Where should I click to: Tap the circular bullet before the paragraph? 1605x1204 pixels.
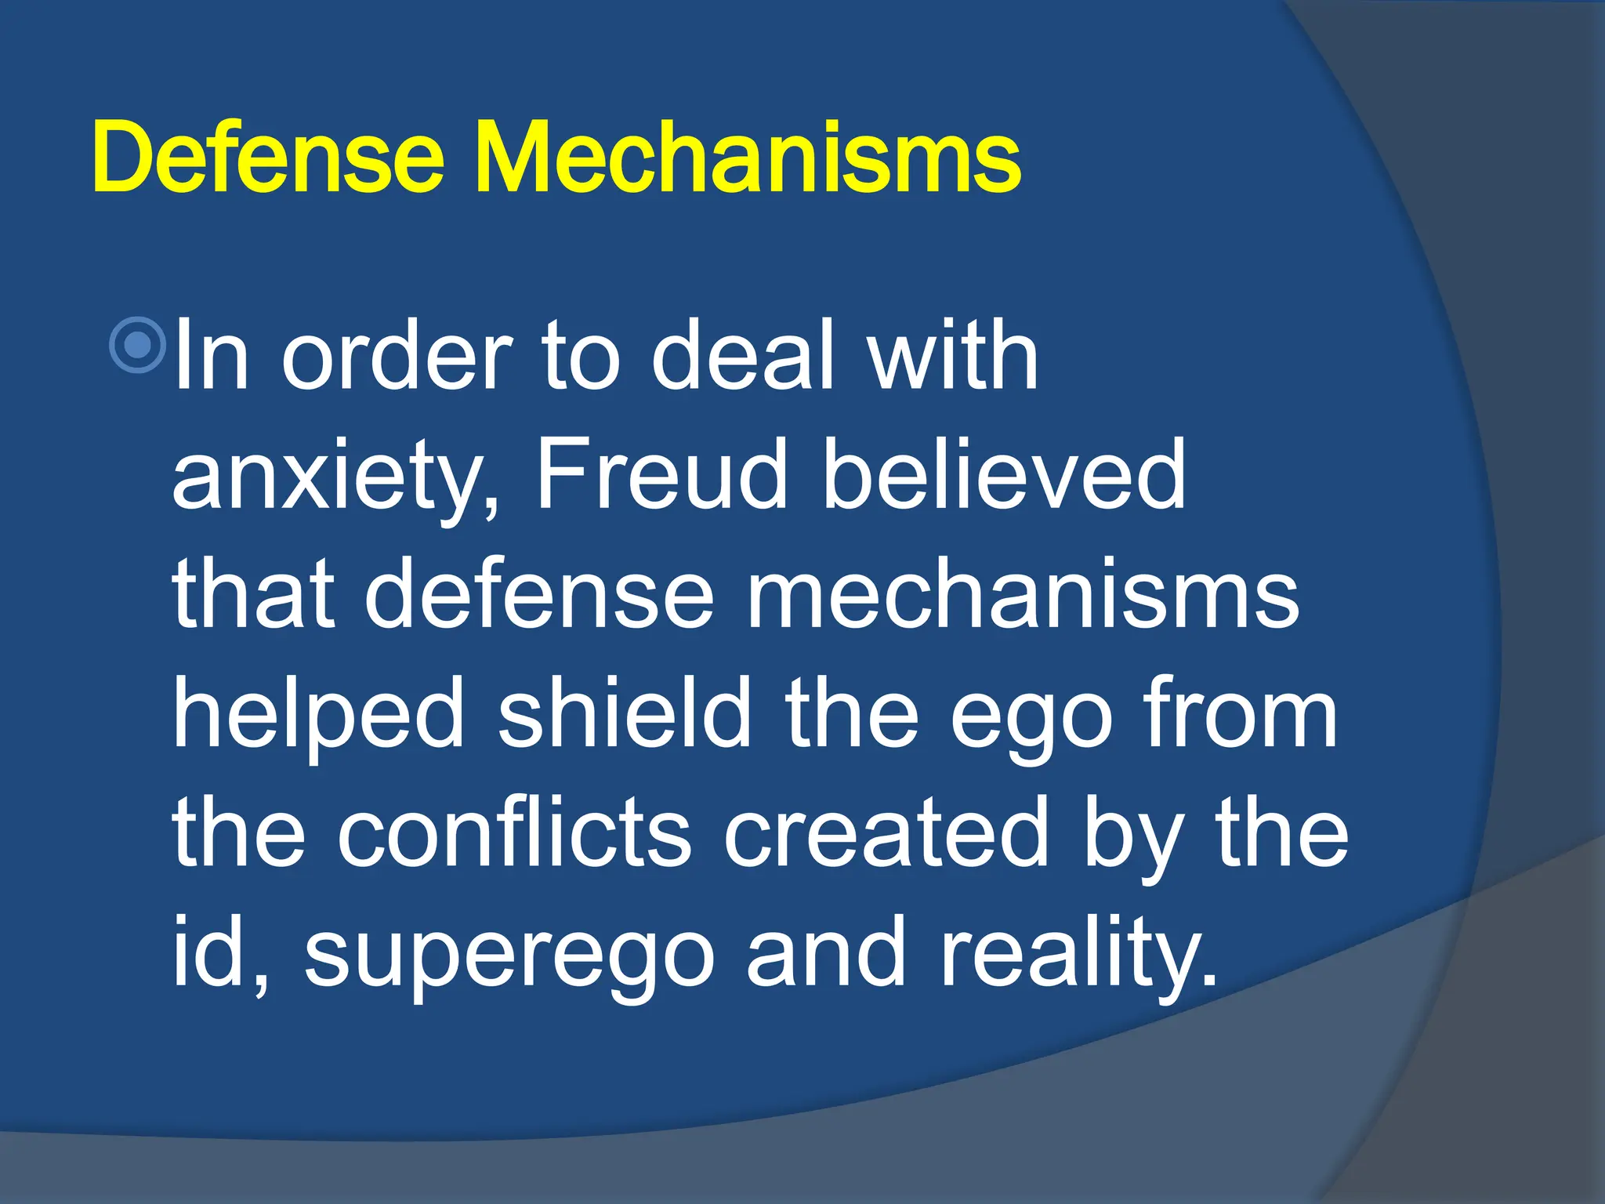pos(138,345)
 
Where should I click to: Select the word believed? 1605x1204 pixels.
pos(1005,474)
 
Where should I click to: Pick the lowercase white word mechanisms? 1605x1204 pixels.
pos(1024,596)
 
